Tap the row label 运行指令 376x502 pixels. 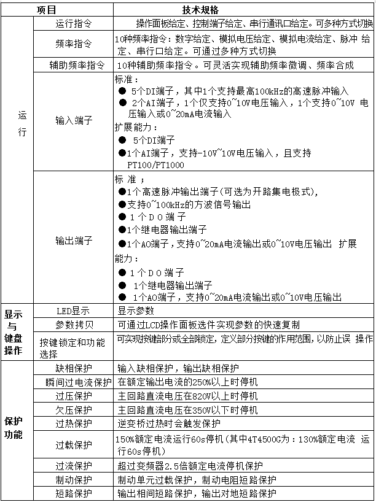pyautogui.click(x=74, y=25)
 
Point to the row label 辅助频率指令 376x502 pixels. pyautogui.click(x=74, y=64)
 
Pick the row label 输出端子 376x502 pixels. pyautogui.click(x=74, y=240)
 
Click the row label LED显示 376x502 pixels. pyautogui.click(x=73, y=311)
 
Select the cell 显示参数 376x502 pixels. pyautogui.click(x=136, y=311)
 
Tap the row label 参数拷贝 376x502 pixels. pyautogui.click(x=74, y=325)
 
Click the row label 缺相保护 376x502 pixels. pyautogui.click(x=74, y=368)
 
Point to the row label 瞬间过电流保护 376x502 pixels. pyautogui.click(x=74, y=382)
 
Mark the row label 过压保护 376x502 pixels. pyautogui.click(x=74, y=396)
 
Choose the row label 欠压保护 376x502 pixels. pyautogui.click(x=74, y=410)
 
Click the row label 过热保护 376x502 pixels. pyautogui.click(x=74, y=423)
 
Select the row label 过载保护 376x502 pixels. pyautogui.click(x=74, y=444)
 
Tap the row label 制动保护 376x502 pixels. pyautogui.click(x=74, y=479)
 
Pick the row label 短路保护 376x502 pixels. pyautogui.click(x=74, y=493)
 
